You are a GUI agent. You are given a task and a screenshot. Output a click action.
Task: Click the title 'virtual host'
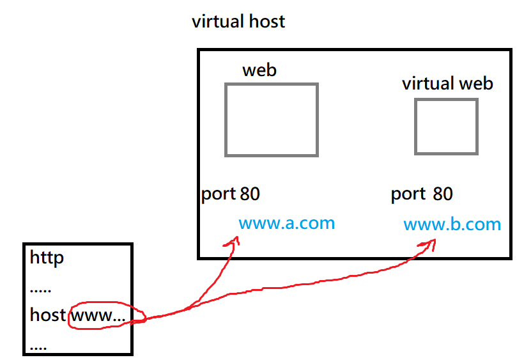pos(238,21)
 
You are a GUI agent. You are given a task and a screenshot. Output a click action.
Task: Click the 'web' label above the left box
pos(259,70)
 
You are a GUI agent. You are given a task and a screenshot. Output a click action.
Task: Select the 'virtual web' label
pos(447,84)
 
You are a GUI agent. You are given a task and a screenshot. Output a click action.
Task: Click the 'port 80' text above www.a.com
pos(230,194)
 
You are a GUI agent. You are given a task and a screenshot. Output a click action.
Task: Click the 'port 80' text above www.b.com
pos(422,194)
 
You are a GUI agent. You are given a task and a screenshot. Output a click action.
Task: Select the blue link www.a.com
pos(287,223)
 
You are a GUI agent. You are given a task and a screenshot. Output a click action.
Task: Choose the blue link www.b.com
pos(452,224)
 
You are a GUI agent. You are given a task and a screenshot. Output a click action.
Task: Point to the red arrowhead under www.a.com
pos(233,241)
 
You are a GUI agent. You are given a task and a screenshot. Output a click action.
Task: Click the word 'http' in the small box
pos(47,258)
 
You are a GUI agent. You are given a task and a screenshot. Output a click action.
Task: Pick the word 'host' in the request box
pos(48,315)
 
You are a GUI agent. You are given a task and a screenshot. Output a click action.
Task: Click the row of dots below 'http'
pos(40,291)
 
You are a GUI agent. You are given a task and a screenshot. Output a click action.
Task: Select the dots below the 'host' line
pos(38,348)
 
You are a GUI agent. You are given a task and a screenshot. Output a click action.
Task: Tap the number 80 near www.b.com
pos(443,194)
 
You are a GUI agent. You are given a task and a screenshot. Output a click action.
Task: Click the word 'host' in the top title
pos(267,21)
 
